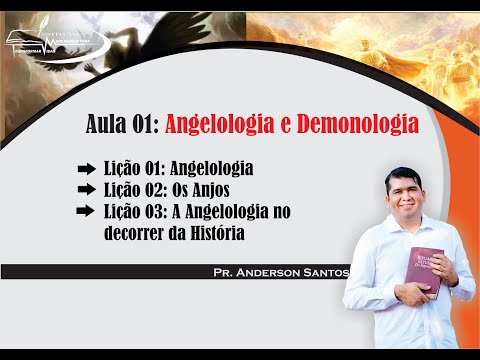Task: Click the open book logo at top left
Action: [x=30, y=42]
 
